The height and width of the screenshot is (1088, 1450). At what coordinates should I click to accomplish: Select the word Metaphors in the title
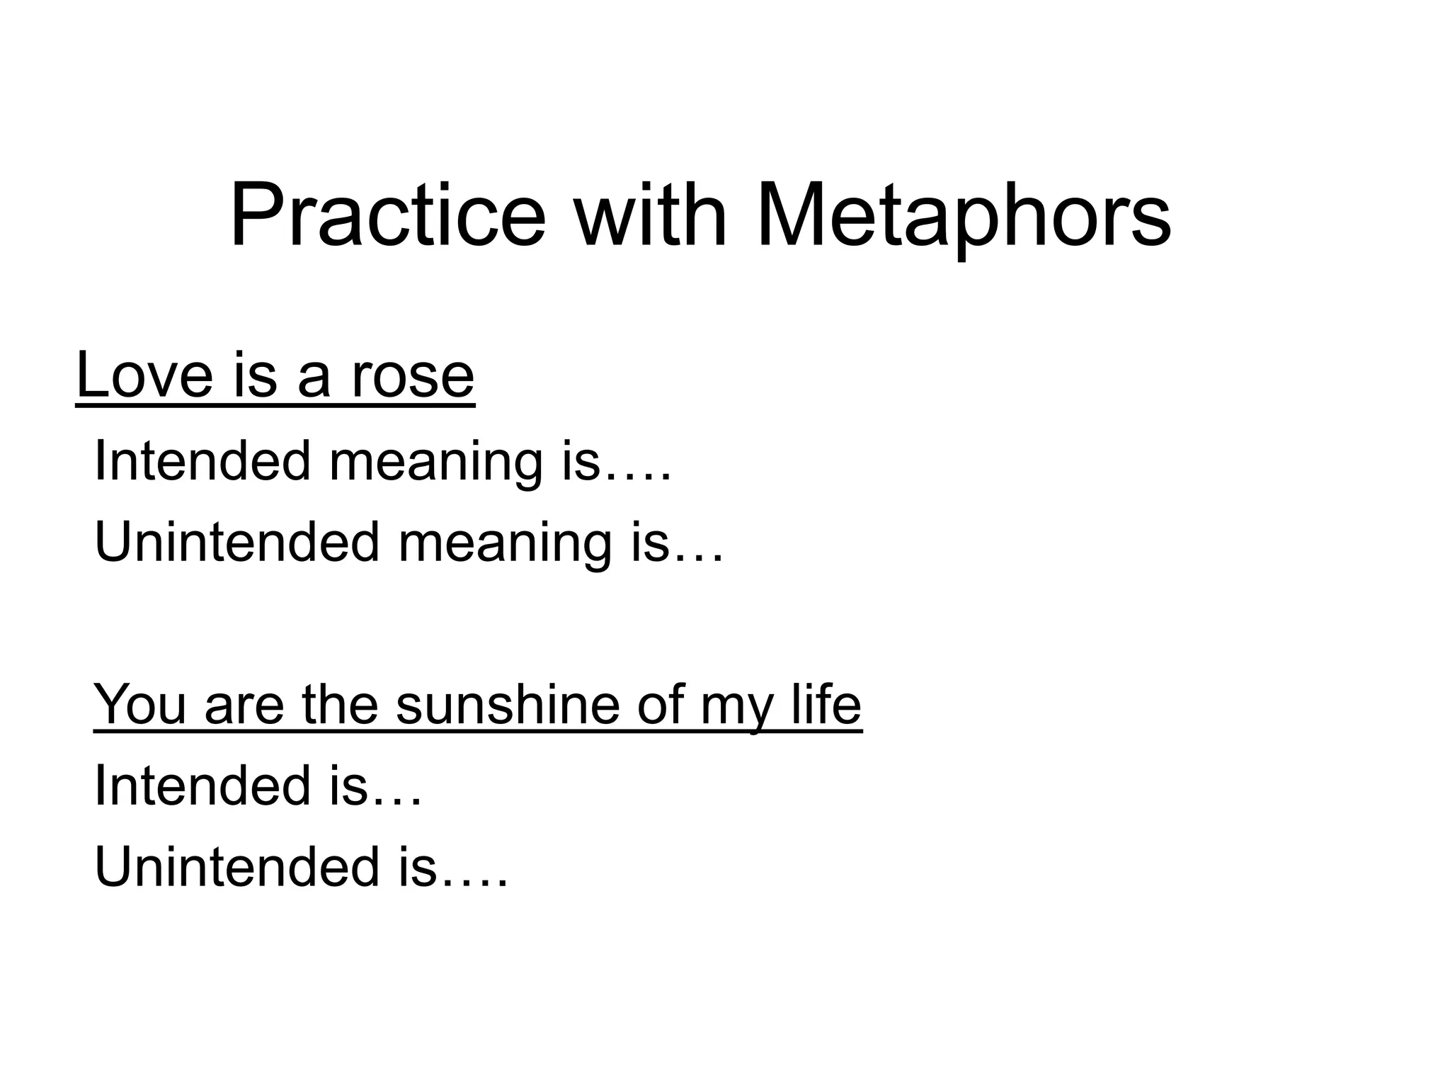tap(964, 216)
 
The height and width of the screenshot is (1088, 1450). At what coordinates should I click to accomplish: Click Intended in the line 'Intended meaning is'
tap(202, 461)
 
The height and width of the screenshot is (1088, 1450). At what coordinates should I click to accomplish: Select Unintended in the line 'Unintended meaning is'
tap(236, 542)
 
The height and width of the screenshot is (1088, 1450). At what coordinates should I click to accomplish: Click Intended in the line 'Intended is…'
tap(202, 786)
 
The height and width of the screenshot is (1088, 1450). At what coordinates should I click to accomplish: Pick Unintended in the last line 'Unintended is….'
tap(236, 867)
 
